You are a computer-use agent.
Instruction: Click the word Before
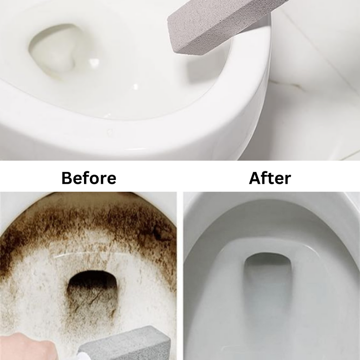pos(89,178)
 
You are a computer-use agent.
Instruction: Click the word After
pos(270,178)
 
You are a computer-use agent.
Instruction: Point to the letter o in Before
pos(94,179)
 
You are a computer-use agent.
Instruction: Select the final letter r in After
pos(288,180)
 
